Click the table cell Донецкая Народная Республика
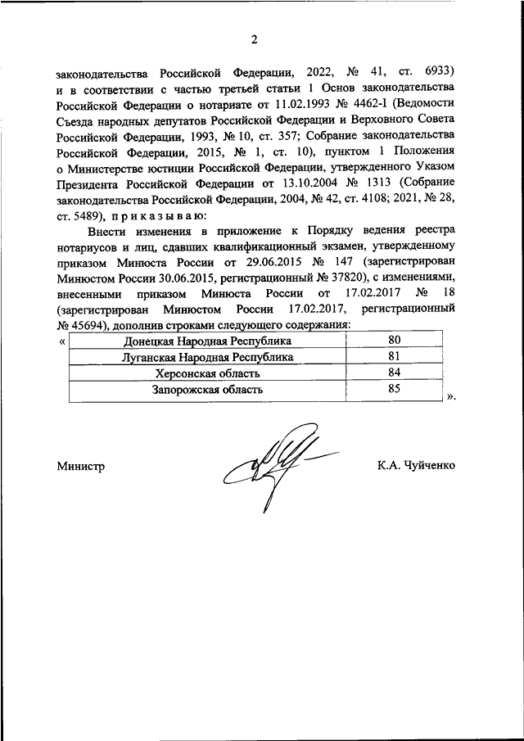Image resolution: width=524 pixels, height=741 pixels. click(207, 341)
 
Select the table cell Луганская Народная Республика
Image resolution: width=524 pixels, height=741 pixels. click(207, 357)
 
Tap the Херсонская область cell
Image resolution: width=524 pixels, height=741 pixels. click(207, 373)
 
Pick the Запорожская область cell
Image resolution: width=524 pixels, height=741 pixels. click(207, 390)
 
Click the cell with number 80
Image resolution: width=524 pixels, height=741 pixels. click(394, 341)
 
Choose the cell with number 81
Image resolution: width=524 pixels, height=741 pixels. click(394, 357)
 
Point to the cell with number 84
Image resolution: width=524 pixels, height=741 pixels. click(394, 373)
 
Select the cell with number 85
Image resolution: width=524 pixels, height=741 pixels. click(394, 390)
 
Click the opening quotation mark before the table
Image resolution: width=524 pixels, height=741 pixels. click(63, 341)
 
